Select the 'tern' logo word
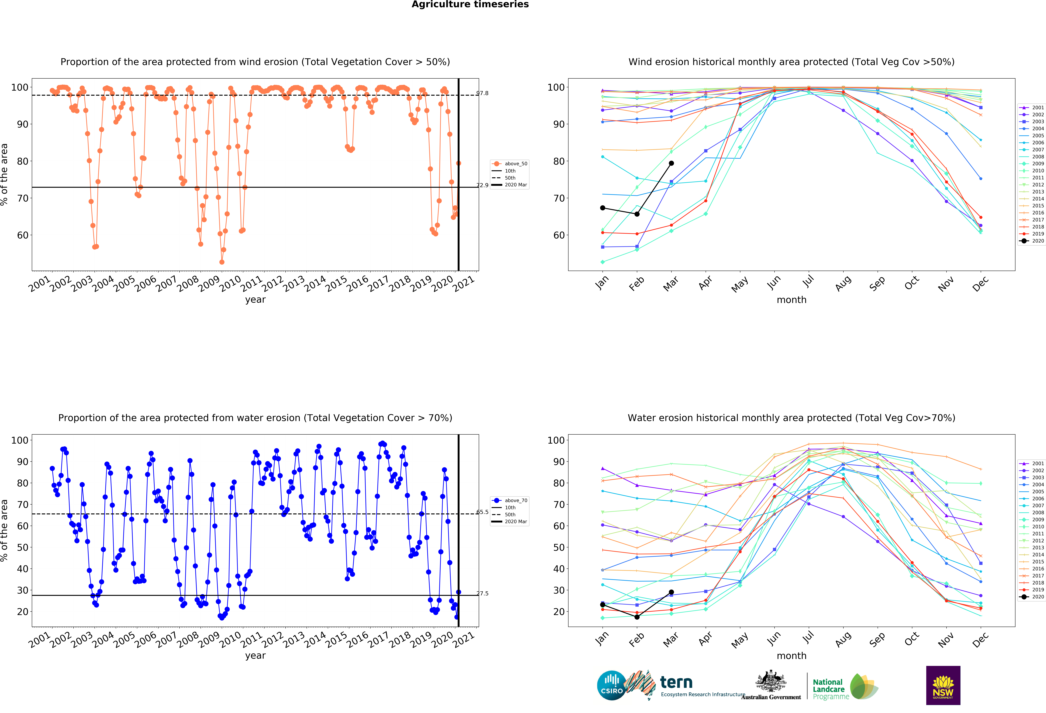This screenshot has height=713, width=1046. pos(676,682)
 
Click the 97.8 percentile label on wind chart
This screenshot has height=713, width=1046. pos(483,93)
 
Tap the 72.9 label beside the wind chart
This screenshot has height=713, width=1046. pos(483,185)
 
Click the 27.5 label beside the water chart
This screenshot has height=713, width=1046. pos(483,593)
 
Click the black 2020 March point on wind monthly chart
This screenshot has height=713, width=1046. pos(671,163)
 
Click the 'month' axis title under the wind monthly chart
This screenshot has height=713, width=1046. pos(791,300)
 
